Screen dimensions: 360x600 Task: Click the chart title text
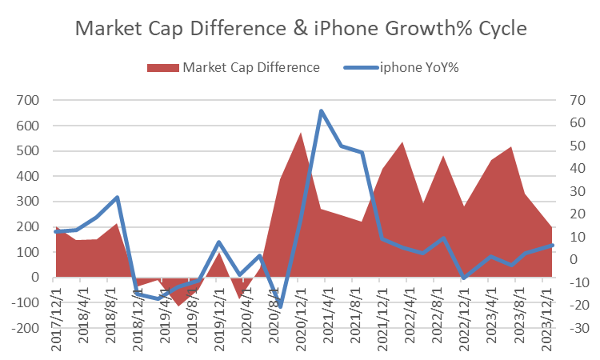[x=300, y=28]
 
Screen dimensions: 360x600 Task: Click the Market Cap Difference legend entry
[x=251, y=67]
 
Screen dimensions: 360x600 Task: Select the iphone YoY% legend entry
[x=418, y=67]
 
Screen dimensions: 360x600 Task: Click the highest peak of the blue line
[x=322, y=111]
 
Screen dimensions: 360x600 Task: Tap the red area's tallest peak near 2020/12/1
[x=301, y=133]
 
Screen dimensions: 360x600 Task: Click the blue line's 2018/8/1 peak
[x=118, y=197]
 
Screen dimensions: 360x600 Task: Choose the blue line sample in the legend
[x=361, y=67]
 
